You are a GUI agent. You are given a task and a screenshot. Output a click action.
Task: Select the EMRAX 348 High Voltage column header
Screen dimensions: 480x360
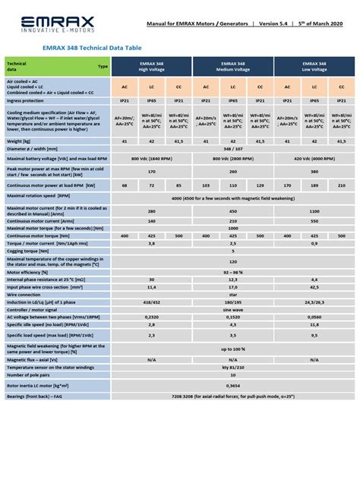tap(150, 67)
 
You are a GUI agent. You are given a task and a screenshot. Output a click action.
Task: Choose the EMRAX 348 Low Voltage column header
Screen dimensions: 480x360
tap(314, 67)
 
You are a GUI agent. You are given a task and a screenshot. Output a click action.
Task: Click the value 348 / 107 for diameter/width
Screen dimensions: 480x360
tap(232, 149)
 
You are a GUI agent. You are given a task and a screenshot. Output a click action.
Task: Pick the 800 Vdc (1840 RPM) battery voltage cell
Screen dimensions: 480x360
tap(150, 158)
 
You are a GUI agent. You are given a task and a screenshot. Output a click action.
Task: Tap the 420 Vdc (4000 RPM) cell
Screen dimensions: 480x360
tap(314, 158)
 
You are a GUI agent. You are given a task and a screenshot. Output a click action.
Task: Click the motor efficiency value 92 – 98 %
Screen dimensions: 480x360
tap(232, 271)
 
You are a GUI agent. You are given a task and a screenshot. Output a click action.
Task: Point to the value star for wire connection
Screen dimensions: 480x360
tap(232, 294)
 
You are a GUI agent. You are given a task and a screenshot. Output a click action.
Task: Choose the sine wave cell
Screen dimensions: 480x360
tap(232, 310)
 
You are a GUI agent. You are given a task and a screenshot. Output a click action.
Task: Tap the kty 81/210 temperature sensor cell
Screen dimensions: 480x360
tap(232, 367)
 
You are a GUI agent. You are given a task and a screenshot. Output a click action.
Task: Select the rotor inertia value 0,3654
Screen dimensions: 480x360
tap(232, 385)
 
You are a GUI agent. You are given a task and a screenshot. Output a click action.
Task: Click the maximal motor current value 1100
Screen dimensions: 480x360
tap(314, 212)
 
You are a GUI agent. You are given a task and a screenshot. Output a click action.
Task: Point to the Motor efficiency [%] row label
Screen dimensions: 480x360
tap(28, 271)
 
